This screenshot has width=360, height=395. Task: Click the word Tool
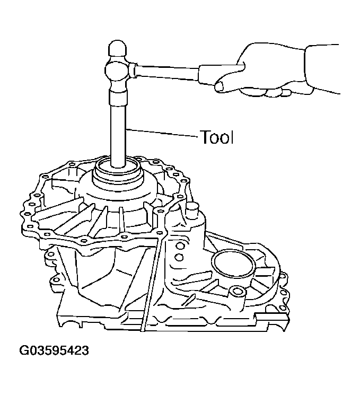[x=216, y=137]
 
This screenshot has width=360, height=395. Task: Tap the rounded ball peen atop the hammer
[x=117, y=50]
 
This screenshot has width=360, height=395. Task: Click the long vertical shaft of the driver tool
[x=117, y=133]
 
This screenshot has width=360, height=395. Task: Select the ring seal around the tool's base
[x=118, y=173]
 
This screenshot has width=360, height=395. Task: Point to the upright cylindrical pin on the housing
[x=191, y=213]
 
